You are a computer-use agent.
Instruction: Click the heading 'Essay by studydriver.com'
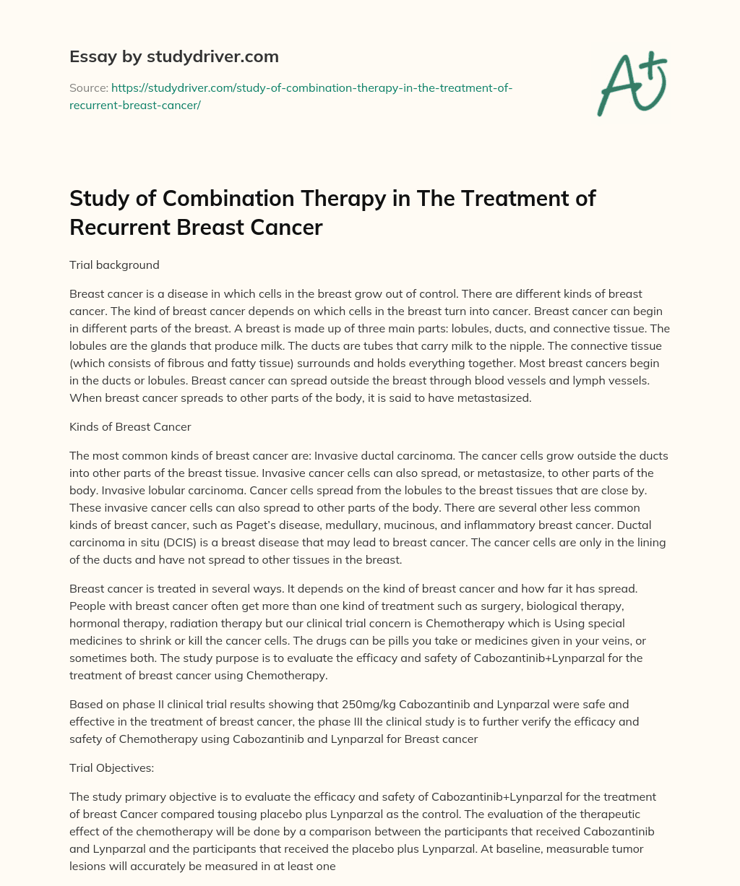click(x=173, y=56)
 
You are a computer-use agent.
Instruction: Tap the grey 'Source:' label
click(x=88, y=87)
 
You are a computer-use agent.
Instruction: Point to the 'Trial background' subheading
click(x=114, y=265)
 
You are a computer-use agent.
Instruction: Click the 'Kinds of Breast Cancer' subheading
click(x=130, y=426)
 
